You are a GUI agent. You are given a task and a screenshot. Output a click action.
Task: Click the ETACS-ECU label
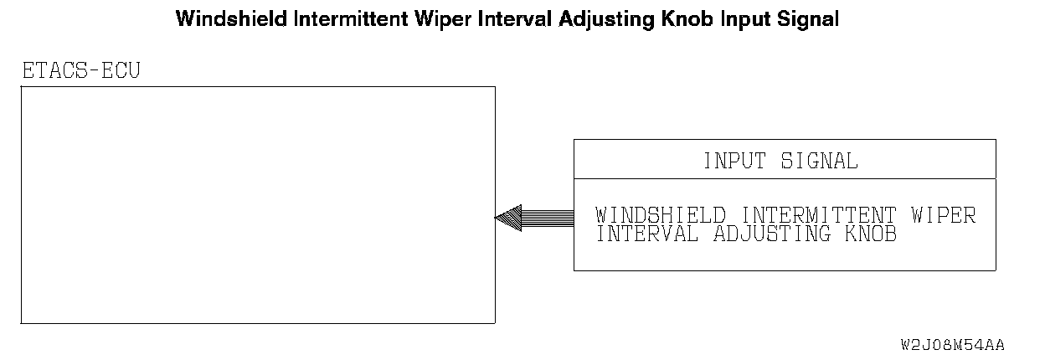[x=80, y=71]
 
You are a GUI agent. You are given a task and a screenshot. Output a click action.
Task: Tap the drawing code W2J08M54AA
[x=952, y=345]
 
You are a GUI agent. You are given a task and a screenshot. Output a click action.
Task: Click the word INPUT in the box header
[x=734, y=161]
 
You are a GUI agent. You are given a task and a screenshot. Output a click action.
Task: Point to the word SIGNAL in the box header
[x=819, y=161]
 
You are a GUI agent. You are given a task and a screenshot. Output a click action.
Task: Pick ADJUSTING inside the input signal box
[x=771, y=234]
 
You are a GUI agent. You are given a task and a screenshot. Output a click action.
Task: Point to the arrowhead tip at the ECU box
[x=497, y=219]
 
